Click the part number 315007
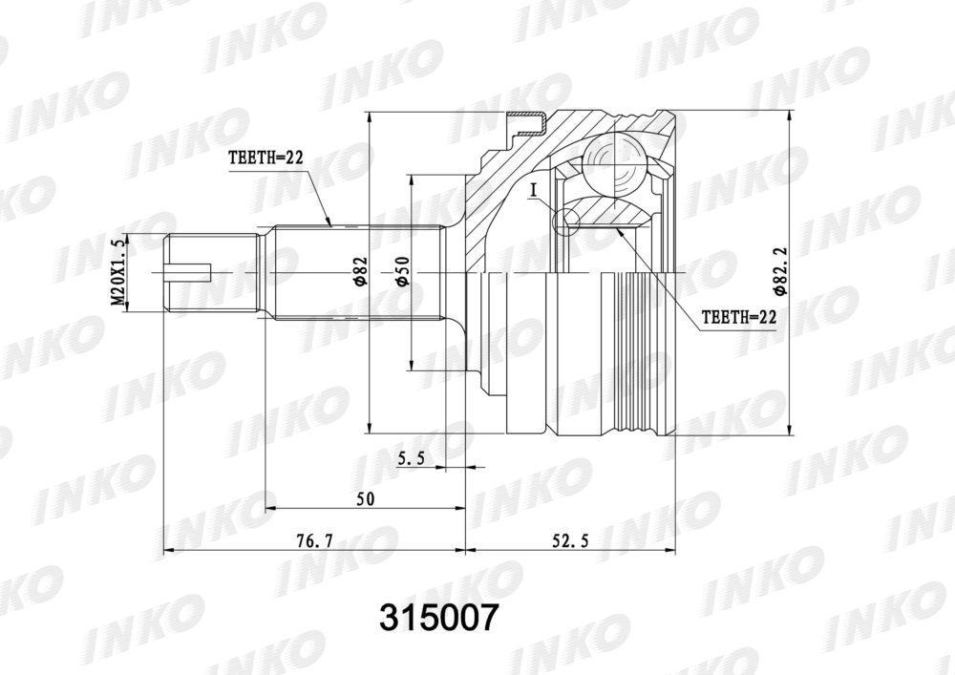point(438,619)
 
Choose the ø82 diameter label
point(361,271)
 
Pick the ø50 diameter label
point(403,271)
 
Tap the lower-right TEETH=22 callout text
point(739,317)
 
